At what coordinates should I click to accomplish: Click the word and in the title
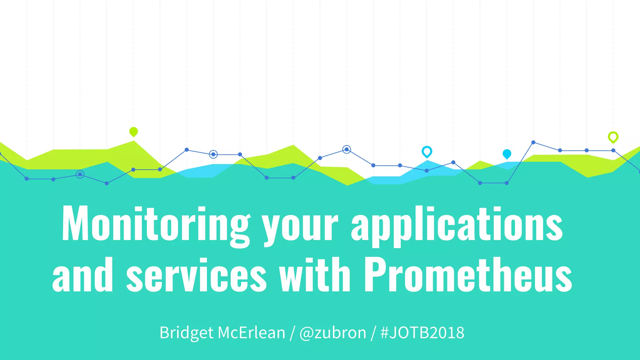[x=82, y=275]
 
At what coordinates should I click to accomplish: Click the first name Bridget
[x=187, y=332]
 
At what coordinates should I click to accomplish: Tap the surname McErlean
[x=251, y=332]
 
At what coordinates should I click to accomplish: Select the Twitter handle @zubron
[x=332, y=332]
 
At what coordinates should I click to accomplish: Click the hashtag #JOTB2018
[x=422, y=332]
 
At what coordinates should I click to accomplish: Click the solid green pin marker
[x=133, y=132]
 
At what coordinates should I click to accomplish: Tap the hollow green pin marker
[x=613, y=137]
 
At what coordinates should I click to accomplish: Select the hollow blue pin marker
[x=427, y=151]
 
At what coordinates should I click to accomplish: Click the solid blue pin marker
[x=507, y=153]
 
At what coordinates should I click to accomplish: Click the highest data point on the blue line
[x=533, y=142]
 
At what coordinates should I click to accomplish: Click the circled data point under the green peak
[x=80, y=174]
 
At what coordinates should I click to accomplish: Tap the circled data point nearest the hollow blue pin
[x=346, y=149]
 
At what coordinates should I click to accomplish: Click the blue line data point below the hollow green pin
[x=613, y=150]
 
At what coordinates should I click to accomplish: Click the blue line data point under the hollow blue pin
[x=427, y=171]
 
